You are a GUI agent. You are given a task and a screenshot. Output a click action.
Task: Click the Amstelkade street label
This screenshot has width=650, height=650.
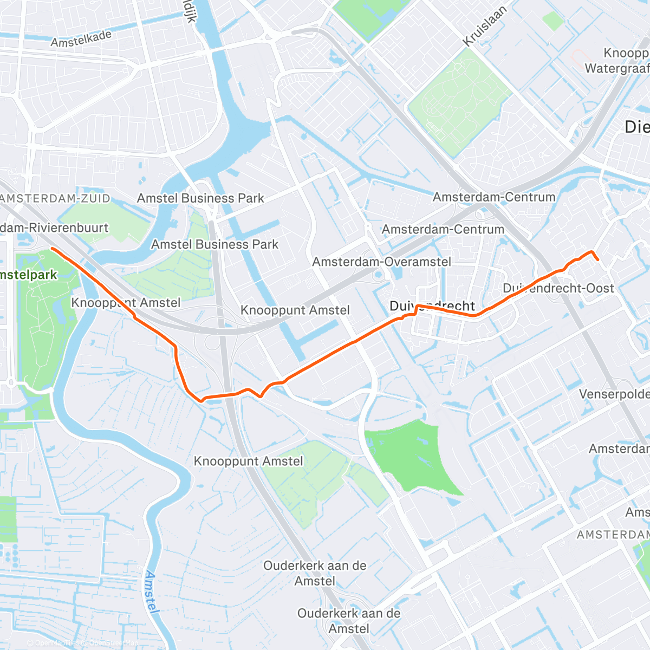[x=81, y=38]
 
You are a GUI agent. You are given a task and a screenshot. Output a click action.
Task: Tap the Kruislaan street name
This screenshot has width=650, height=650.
[x=485, y=26]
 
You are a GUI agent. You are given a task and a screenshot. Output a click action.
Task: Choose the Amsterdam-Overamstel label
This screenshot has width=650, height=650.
[x=381, y=262]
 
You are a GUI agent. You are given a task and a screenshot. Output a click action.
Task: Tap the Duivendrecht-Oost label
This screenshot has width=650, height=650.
[x=558, y=288]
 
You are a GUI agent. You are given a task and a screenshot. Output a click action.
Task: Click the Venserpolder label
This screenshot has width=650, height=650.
[x=614, y=394]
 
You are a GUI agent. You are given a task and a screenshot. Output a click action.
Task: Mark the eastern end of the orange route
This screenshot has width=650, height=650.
[x=597, y=260]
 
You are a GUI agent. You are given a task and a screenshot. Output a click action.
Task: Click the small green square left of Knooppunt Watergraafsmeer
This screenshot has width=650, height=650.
[x=553, y=21]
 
